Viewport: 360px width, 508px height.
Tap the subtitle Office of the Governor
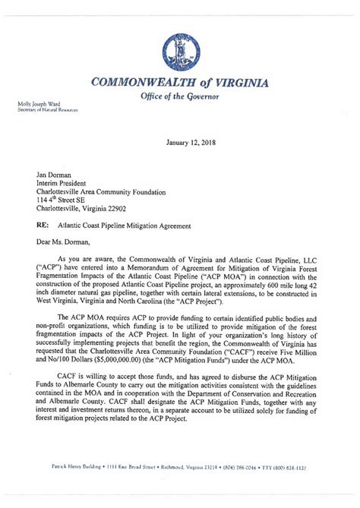[180, 97]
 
